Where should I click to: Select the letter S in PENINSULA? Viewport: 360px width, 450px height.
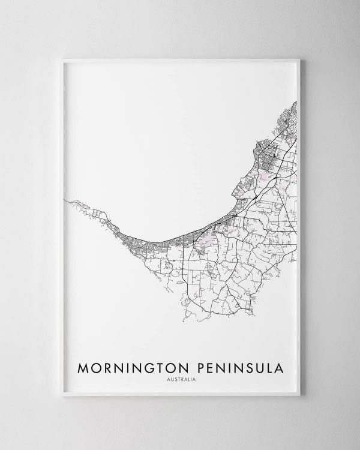pyautogui.click(x=241, y=366)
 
